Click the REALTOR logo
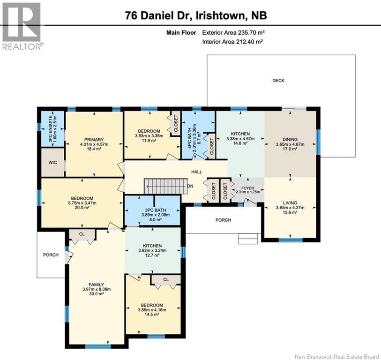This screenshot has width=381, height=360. coord(22,26)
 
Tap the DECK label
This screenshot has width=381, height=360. coord(278,81)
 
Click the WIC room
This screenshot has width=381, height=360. coord(52,162)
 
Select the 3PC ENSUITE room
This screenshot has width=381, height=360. coord(52,129)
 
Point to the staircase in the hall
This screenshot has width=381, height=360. coord(166,186)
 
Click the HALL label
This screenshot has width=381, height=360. coord(196,172)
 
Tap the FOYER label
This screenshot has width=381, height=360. coord(247,188)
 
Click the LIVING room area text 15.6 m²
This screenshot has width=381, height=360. coord(290,212)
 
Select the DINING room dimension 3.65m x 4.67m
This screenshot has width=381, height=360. coord(290,144)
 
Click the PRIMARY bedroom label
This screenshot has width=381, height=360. coord(94,140)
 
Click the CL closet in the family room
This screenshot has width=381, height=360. coord(82,234)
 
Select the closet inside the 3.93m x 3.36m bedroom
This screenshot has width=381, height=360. coord(176,123)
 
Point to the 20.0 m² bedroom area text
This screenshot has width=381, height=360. coord(82,208)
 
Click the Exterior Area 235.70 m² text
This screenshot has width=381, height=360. coord(233,32)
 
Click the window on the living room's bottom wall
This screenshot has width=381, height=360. coord(291,240)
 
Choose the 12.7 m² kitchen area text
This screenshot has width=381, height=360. coord(152,255)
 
